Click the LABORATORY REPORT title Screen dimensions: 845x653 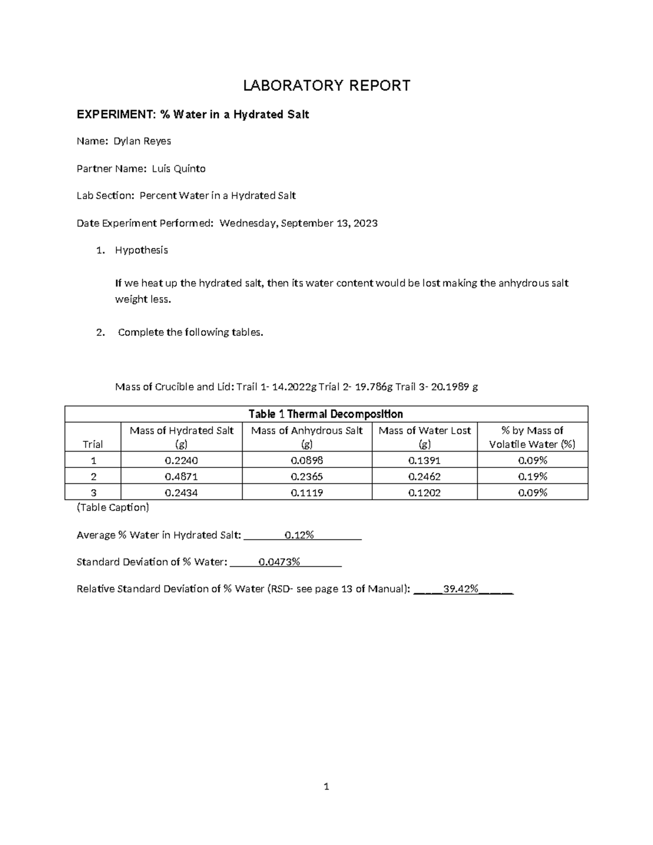tap(326, 85)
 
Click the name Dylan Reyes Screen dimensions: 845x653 tap(142, 141)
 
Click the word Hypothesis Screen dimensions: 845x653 tap(141, 250)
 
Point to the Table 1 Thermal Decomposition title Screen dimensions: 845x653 tap(325, 414)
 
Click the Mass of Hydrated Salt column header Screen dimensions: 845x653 tap(181, 437)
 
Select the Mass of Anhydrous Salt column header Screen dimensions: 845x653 tap(307, 437)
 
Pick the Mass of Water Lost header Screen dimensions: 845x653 tap(424, 437)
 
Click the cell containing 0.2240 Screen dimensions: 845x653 tap(181, 460)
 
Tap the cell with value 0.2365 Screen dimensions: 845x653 tap(307, 477)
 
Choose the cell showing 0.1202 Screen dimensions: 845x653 tap(424, 493)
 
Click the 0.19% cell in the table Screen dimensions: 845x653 tap(532, 477)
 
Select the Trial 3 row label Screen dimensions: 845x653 tap(93, 493)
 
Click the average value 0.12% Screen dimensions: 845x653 tap(299, 535)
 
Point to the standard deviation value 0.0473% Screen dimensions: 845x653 tap(279, 562)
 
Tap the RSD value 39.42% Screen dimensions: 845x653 tap(461, 589)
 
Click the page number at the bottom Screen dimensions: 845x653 tap(326, 786)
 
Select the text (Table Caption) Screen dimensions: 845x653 tap(113, 508)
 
